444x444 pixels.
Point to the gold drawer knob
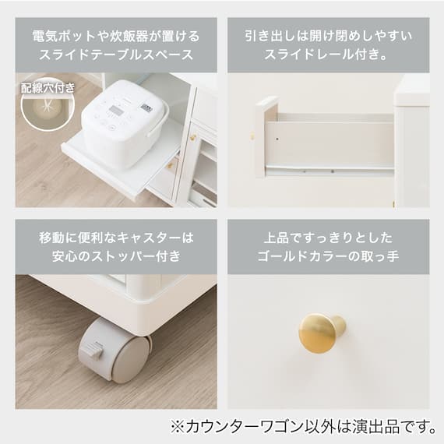(x=322, y=332)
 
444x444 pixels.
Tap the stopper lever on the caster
(x=92, y=350)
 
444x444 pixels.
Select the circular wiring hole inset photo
(x=48, y=105)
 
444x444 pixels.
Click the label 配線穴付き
(x=48, y=88)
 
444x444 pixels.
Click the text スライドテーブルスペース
(x=116, y=55)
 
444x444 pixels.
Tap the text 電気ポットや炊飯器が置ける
(x=116, y=37)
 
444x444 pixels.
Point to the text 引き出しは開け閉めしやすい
(x=328, y=37)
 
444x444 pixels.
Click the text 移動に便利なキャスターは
(x=116, y=238)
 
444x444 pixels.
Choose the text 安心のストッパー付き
(x=116, y=255)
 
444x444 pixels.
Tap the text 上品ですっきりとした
(x=328, y=238)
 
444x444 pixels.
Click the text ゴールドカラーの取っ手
(x=328, y=255)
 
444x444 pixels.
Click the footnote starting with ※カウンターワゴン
(x=303, y=426)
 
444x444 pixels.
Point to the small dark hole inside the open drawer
(x=277, y=139)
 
